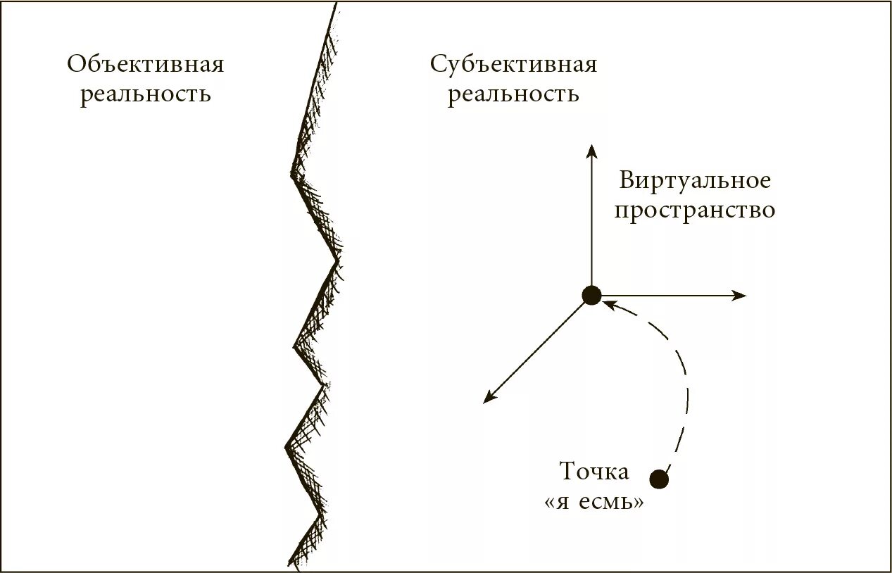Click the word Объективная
coord(146,65)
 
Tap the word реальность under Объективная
coord(146,94)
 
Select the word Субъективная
coord(513,65)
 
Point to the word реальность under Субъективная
coord(513,94)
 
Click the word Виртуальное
coord(695,181)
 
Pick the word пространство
coord(695,210)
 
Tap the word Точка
coord(594,471)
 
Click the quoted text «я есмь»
coord(594,503)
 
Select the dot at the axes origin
coord(591,296)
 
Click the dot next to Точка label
coord(659,479)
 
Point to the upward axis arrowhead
coord(591,149)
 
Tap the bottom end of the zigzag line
coord(289,562)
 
